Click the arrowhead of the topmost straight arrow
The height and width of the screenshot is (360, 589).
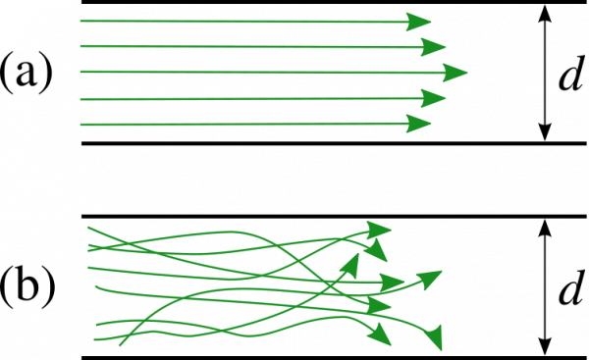(x=420, y=22)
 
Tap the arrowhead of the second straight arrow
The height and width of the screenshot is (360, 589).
(x=434, y=47)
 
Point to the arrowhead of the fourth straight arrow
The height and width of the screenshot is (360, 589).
(x=434, y=98)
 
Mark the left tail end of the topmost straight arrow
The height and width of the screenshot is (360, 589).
(x=80, y=20)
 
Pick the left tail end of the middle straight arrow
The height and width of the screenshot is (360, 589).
(x=80, y=72)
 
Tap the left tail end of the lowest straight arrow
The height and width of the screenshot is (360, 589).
(x=80, y=125)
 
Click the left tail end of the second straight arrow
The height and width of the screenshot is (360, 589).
(x=80, y=45)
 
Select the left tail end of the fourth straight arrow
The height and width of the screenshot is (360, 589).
(x=80, y=98)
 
